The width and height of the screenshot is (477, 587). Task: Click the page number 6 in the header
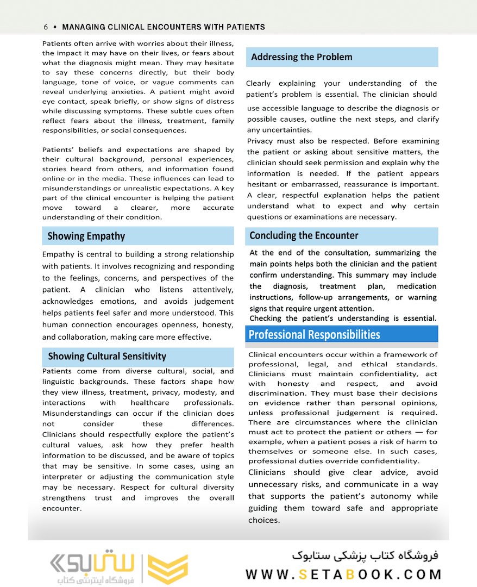click(x=46, y=27)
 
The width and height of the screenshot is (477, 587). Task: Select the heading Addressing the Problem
click(x=302, y=57)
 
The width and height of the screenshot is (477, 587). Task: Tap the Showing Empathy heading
click(x=86, y=236)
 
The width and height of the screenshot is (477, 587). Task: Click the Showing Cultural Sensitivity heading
click(x=107, y=357)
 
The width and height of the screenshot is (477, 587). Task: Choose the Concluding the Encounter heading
click(x=304, y=235)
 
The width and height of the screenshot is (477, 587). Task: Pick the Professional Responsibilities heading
click(x=314, y=334)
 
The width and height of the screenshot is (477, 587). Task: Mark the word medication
click(x=416, y=286)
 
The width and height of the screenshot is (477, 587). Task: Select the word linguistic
click(x=59, y=382)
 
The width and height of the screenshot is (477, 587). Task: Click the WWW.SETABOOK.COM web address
click(x=343, y=574)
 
